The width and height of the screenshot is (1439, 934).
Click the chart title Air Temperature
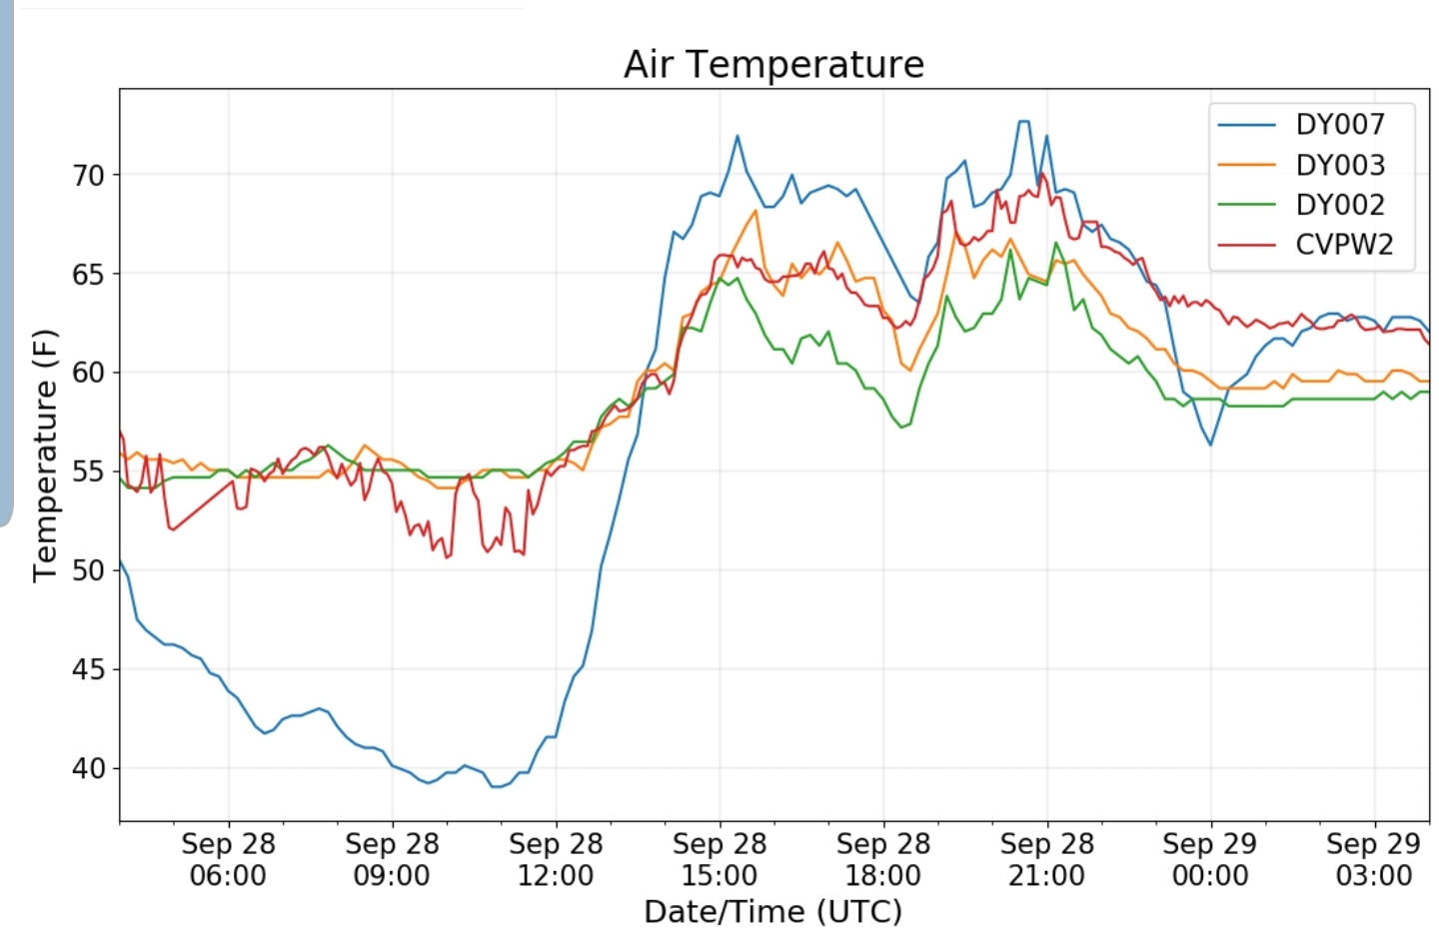(x=773, y=65)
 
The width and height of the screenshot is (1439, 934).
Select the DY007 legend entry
(x=1339, y=125)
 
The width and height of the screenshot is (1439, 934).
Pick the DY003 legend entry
(x=1339, y=165)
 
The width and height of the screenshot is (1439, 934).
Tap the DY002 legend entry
(x=1339, y=205)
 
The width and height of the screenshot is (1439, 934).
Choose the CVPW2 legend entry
(x=1343, y=245)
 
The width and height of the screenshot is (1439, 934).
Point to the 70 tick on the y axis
(x=88, y=176)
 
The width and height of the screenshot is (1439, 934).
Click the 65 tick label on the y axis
(x=88, y=275)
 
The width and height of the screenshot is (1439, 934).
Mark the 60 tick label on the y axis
(x=88, y=373)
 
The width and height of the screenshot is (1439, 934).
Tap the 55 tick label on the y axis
(x=88, y=471)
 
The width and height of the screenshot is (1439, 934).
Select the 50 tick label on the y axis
(x=88, y=570)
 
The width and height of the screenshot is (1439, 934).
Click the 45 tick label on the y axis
(x=88, y=669)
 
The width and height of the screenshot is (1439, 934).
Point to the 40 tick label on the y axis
(x=88, y=768)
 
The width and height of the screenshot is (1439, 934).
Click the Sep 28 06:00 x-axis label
(x=228, y=860)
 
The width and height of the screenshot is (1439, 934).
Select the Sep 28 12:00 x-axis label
(x=556, y=860)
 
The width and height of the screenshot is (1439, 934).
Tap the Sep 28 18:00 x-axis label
(x=883, y=860)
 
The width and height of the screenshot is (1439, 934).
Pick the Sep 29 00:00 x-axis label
(x=1210, y=860)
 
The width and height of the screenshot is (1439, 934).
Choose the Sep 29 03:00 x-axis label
(x=1374, y=860)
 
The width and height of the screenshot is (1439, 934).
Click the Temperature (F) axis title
(x=45, y=456)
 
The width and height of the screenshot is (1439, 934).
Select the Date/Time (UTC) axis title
(x=772, y=912)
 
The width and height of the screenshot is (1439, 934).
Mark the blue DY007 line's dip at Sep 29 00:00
(x=1210, y=445)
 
